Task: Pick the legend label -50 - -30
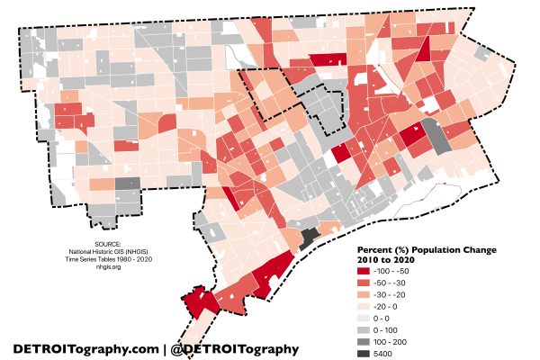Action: (x=404, y=283)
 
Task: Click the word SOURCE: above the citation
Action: (x=100, y=244)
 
